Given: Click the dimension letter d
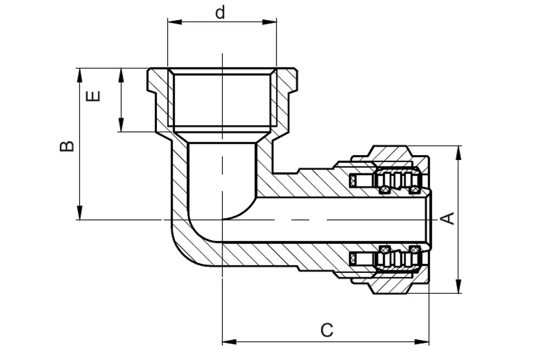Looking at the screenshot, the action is pyautogui.click(x=220, y=12).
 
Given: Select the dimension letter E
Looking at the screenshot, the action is pyautogui.click(x=93, y=96).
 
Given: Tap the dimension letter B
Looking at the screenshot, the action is pyautogui.click(x=67, y=146).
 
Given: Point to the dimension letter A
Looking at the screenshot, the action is pyautogui.click(x=448, y=218).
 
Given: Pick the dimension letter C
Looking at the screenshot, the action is pyautogui.click(x=327, y=330).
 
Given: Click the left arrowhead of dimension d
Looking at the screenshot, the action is pyautogui.click(x=175, y=22).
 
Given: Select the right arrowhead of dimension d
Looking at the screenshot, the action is pyautogui.click(x=269, y=22).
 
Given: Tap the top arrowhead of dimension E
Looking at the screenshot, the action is pyautogui.click(x=121, y=75).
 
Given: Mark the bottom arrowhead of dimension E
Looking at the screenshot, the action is pyautogui.click(x=121, y=124).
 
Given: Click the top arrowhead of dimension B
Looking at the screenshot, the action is pyautogui.click(x=80, y=75).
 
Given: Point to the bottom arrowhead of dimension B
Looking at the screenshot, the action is pyautogui.click(x=80, y=212).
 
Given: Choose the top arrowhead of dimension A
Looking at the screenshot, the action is pyautogui.click(x=458, y=153).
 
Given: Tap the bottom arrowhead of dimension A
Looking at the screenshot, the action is pyautogui.click(x=458, y=286).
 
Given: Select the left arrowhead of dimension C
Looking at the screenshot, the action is pyautogui.click(x=229, y=342).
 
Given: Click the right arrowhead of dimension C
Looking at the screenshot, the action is pyautogui.click(x=421, y=342).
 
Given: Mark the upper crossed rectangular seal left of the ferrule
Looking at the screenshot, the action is pyautogui.click(x=353, y=181).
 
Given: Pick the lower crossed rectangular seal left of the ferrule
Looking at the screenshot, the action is pyautogui.click(x=353, y=258).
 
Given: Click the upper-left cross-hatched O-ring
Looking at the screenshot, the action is pyautogui.click(x=384, y=190).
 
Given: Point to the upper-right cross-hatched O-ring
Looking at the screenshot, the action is pyautogui.click(x=414, y=190).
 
